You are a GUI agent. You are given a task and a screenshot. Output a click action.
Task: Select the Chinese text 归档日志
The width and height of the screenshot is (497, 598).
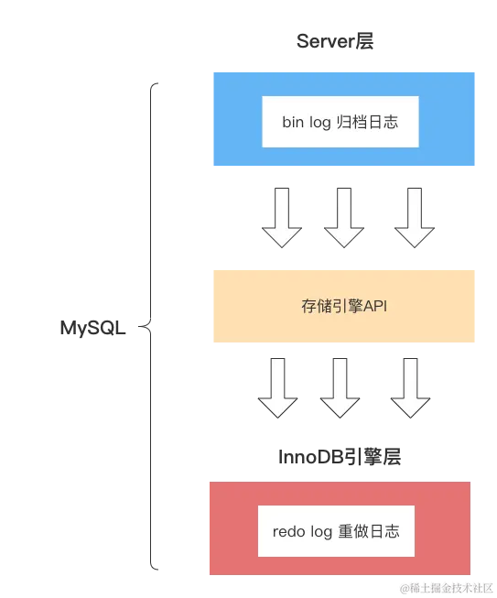pyautogui.click(x=367, y=122)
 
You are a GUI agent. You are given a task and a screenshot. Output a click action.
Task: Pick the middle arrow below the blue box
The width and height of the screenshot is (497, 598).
pyautogui.click(x=344, y=216)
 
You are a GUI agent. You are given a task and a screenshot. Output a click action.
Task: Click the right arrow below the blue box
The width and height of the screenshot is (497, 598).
pyautogui.click(x=414, y=216)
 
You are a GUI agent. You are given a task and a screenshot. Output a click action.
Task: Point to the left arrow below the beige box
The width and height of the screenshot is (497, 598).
pyautogui.click(x=278, y=386)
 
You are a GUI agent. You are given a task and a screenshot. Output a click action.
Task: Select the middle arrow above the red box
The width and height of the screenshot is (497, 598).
pyautogui.click(x=340, y=386)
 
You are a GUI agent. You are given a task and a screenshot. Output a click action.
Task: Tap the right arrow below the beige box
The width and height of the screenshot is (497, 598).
pyautogui.click(x=409, y=386)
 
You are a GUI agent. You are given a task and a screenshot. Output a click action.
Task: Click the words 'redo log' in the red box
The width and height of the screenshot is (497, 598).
pyautogui.click(x=301, y=531)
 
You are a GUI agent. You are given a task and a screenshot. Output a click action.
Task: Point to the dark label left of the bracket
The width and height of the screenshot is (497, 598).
pyautogui.click(x=94, y=326)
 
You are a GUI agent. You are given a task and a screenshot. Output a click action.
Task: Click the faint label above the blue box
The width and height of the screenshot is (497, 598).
pyautogui.click(x=334, y=41)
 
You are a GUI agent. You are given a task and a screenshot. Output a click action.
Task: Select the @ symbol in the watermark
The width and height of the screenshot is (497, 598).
pyautogui.click(x=402, y=587)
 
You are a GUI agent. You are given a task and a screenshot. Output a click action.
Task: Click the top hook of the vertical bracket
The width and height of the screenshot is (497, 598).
pyautogui.click(x=154, y=84)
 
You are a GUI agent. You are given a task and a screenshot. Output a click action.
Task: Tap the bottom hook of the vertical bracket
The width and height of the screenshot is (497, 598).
pyautogui.click(x=154, y=567)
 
